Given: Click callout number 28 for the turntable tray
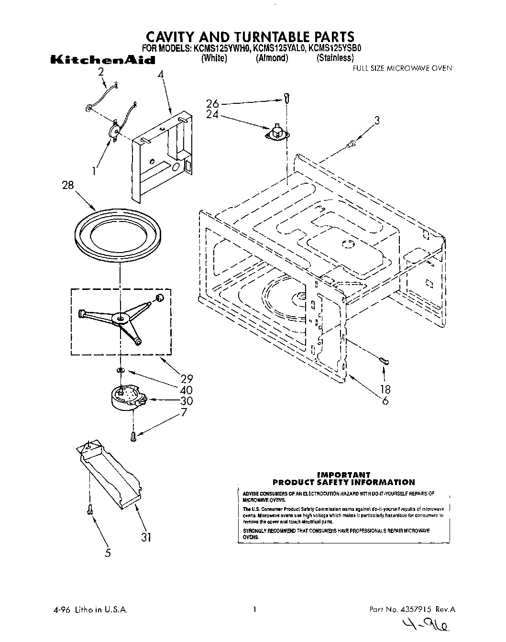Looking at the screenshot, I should [68, 185].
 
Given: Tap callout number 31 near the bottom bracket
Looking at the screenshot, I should [146, 537].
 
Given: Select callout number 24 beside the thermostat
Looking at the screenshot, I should [213, 114].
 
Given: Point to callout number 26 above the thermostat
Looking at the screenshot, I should [213, 103].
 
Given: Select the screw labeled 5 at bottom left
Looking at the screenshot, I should [89, 510].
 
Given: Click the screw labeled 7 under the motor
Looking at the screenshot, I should [133, 435].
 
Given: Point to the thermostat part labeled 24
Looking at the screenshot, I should [276, 133].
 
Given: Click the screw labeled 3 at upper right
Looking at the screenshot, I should [352, 142].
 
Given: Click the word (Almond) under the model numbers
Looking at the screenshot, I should [272, 58].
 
